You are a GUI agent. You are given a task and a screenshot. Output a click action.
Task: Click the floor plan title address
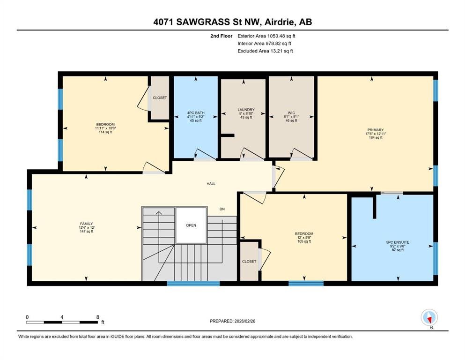pos(232,22)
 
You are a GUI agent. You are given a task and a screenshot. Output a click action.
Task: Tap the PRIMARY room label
pos(376,130)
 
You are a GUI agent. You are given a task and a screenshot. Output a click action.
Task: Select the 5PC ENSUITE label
pos(398,242)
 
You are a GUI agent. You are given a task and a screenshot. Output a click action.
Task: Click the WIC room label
pos(291,113)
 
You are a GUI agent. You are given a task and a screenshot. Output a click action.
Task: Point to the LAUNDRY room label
pos(246,110)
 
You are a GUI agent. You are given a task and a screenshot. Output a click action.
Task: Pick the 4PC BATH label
pos(196,113)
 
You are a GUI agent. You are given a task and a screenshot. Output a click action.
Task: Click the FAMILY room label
pos(86,224)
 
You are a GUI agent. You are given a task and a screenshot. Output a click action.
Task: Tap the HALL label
pos(211,184)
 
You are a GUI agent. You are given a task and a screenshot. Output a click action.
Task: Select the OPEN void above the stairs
pos(191,225)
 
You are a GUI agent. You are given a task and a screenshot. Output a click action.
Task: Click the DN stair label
pos(222,209)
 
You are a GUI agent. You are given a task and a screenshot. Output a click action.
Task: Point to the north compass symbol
pos(429,317)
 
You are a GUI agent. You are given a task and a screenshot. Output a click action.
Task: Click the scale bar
pos(62,322)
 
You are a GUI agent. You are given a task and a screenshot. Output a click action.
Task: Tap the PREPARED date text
pos(232,321)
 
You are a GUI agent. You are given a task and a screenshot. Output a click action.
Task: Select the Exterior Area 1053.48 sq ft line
pos(266,36)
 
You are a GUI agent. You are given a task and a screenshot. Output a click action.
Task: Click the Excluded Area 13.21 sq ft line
pos(265,51)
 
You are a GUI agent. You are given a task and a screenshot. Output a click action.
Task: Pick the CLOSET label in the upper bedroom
pos(160,97)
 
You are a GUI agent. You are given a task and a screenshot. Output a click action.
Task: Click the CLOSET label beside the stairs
pos(249,262)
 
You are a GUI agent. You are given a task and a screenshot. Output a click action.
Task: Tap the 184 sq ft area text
pos(376,137)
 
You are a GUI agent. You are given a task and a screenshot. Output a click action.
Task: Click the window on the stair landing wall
pos(193,284)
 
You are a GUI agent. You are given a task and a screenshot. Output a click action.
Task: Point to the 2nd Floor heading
pos(221,36)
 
